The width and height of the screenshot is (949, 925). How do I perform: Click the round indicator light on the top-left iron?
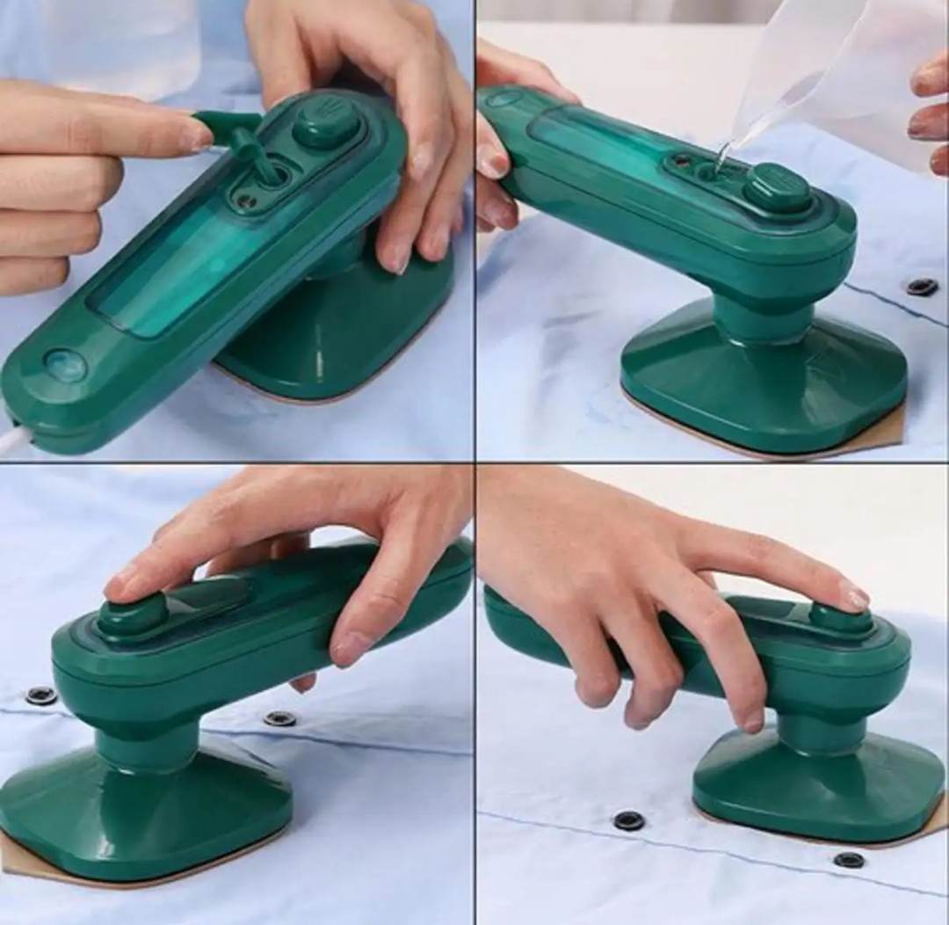tap(66, 365)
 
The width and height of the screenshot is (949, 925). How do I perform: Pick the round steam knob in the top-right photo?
tap(779, 187)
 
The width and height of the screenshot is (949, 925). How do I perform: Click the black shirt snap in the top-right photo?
tap(922, 287)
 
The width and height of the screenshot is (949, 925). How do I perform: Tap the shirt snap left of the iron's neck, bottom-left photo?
tap(40, 696)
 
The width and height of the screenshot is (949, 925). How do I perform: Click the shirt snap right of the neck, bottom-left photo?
tap(279, 718)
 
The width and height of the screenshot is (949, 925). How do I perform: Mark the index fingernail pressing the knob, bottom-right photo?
tap(852, 599)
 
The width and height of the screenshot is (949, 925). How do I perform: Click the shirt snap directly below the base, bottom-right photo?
tap(627, 820)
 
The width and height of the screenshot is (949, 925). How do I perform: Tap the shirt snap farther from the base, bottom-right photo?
tap(848, 859)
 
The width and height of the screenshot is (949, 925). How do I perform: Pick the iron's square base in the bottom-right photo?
tap(817, 787)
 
